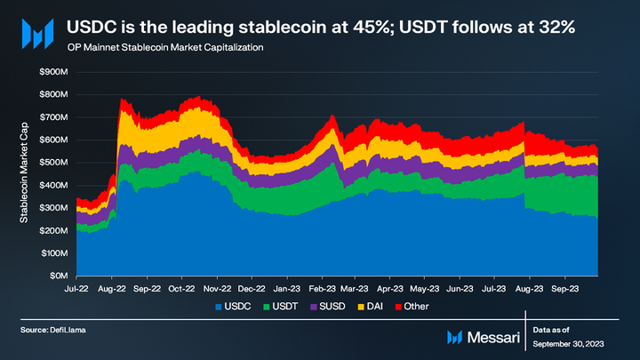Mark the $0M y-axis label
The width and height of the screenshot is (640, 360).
(x=60, y=276)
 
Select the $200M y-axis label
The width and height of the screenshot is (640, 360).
(x=55, y=231)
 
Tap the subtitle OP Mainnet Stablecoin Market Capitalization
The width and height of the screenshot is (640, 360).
(x=164, y=45)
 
